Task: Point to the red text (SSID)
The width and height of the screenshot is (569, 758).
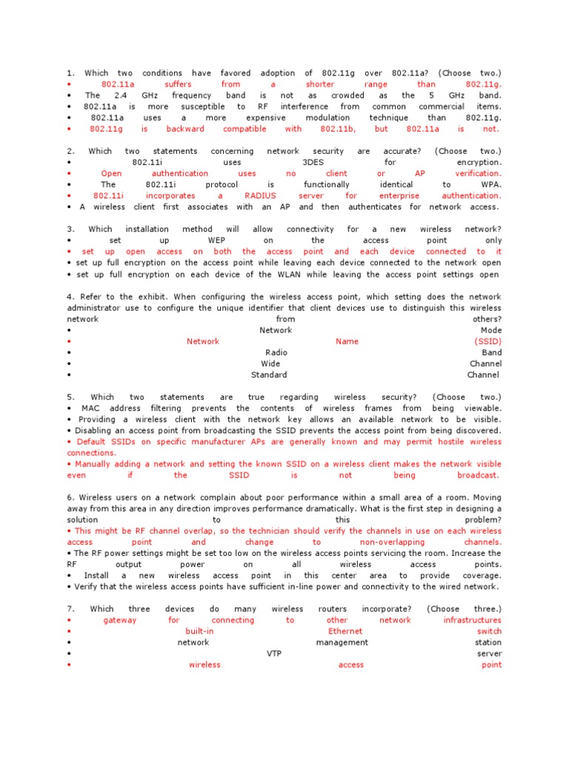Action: [x=488, y=341]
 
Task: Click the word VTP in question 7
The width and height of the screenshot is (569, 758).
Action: [x=274, y=654]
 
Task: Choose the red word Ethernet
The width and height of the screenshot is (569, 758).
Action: [x=345, y=631]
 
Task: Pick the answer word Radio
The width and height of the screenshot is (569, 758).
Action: [x=276, y=352]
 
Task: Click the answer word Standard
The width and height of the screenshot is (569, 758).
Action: [x=269, y=375]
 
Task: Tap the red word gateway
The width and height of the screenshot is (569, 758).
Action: [x=120, y=620]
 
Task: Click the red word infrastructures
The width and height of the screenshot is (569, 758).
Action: [x=473, y=620]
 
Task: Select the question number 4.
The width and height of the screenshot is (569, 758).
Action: [x=69, y=296]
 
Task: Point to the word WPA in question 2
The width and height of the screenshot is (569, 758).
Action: [x=491, y=184]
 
